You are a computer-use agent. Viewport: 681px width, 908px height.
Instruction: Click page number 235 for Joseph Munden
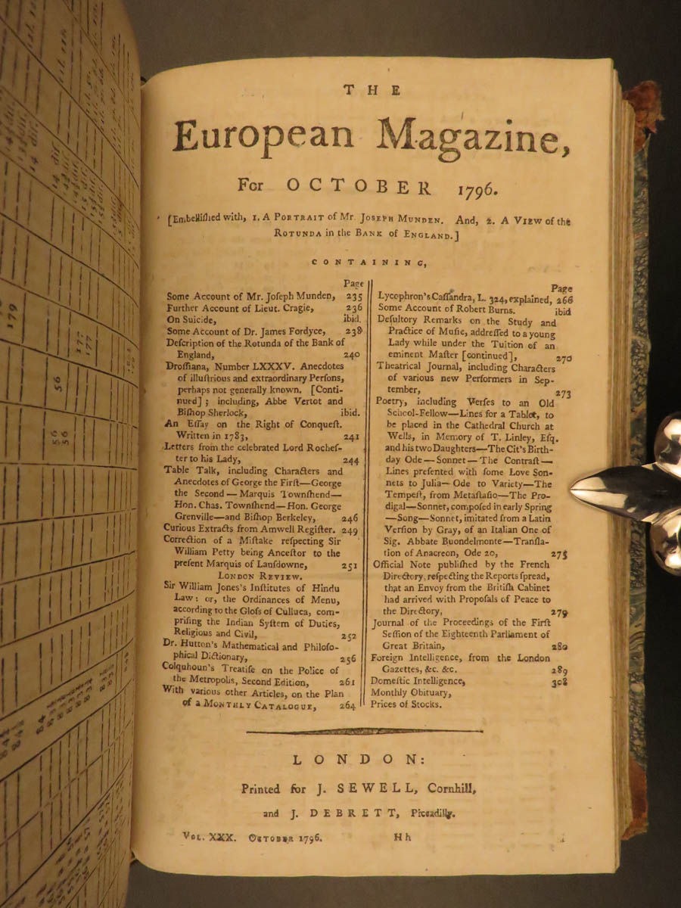353,297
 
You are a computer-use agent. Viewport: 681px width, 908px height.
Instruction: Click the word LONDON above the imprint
370,759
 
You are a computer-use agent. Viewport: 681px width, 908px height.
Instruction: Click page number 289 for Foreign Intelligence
560,670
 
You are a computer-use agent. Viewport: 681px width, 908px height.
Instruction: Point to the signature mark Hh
403,838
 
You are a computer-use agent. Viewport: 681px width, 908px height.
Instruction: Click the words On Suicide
193,319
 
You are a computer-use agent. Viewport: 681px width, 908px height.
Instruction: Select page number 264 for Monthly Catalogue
347,707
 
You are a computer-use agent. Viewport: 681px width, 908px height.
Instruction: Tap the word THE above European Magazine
370,90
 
